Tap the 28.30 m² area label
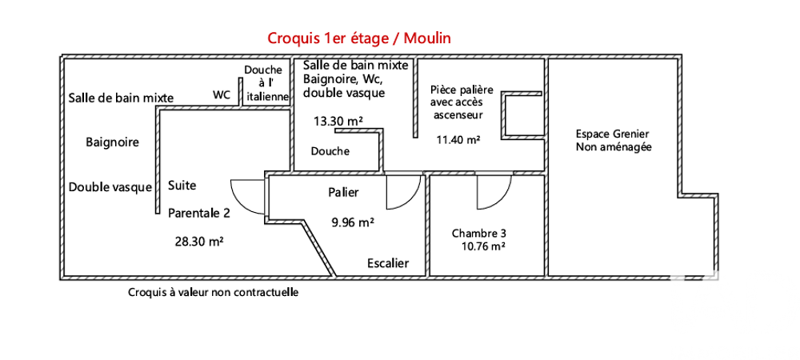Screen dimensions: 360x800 pyautogui.click(x=198, y=240)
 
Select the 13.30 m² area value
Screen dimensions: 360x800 pyautogui.click(x=338, y=121)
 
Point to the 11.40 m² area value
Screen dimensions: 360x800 pyautogui.click(x=458, y=139)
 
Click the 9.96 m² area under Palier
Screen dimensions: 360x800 pyautogui.click(x=354, y=223)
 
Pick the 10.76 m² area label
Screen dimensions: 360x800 pyautogui.click(x=482, y=246)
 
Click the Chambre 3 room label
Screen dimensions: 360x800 pyautogui.click(x=478, y=234)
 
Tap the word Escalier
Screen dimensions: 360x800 pyautogui.click(x=388, y=263)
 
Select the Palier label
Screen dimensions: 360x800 pyautogui.click(x=343, y=193)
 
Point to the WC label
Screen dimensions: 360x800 pyautogui.click(x=222, y=94)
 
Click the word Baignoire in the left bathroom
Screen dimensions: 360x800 pyautogui.click(x=112, y=142)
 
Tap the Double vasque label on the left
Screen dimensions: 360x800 pyautogui.click(x=110, y=187)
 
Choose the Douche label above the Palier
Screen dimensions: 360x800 pyautogui.click(x=330, y=151)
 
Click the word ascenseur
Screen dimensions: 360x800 pyautogui.click(x=458, y=115)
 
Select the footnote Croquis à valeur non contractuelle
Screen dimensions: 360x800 pyautogui.click(x=213, y=293)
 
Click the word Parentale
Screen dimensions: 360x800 pyautogui.click(x=198, y=213)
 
